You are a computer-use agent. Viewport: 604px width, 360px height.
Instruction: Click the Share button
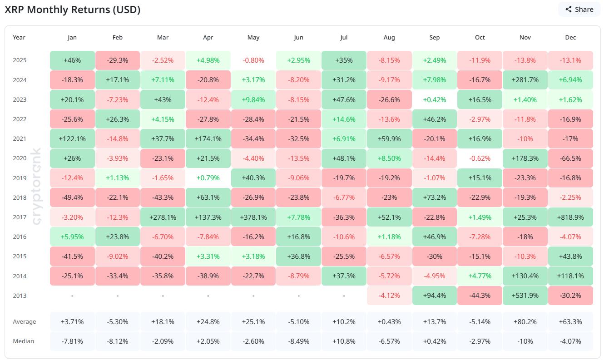[x=579, y=9]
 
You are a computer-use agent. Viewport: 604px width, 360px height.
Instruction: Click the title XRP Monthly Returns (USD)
[x=72, y=10]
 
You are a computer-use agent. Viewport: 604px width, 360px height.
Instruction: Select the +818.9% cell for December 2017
[x=570, y=217]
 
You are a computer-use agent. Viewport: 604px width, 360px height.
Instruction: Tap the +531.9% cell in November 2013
[x=525, y=296]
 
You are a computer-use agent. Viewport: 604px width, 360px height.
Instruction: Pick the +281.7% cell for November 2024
[x=525, y=80]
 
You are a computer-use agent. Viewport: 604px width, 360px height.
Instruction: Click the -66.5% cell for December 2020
[x=570, y=158]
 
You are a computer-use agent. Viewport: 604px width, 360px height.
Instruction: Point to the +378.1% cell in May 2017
[x=253, y=217]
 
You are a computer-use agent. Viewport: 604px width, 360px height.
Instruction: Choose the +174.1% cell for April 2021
[x=208, y=139]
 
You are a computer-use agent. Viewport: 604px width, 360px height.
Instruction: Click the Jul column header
[x=344, y=38]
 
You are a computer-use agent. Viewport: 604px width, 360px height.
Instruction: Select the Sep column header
[x=434, y=38]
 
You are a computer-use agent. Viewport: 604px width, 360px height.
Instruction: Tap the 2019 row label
[x=20, y=178]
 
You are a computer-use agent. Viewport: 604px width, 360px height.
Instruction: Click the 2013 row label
[x=20, y=296]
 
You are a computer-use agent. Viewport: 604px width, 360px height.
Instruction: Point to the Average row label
[x=24, y=321]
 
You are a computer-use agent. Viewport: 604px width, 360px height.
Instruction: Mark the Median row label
[x=23, y=341]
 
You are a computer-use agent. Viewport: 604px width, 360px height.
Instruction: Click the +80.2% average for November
[x=525, y=321]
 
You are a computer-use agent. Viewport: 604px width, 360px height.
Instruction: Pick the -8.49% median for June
[x=298, y=341]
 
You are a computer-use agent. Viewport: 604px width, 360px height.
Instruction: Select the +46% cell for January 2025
[x=72, y=60]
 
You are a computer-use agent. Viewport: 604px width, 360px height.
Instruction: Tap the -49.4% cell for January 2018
[x=72, y=197]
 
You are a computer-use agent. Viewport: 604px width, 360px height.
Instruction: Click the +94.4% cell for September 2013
[x=434, y=296]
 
